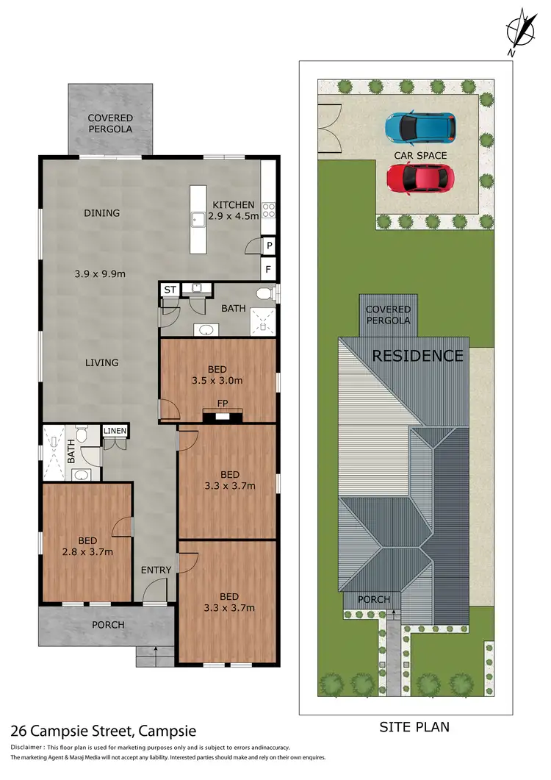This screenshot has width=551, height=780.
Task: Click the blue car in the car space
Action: tap(420, 126)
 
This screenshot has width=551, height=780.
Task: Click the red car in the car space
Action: tap(419, 178)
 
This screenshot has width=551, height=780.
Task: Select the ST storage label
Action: tap(170, 290)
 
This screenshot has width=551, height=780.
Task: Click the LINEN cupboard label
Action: tap(115, 431)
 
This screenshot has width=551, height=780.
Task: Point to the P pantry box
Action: tap(270, 246)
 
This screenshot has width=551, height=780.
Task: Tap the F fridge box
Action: tap(270, 270)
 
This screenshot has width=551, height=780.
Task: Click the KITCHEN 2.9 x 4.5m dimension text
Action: tap(233, 211)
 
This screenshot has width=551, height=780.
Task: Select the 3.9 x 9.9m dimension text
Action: tap(101, 273)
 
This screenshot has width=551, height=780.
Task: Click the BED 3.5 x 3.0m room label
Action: tap(217, 375)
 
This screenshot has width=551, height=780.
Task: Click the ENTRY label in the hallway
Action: tap(156, 570)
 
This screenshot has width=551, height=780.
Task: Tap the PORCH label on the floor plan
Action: tap(108, 625)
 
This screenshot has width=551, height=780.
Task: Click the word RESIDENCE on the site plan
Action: tap(417, 356)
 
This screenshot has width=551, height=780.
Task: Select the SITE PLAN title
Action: tap(414, 728)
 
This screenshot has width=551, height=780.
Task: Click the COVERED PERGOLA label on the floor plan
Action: tap(110, 124)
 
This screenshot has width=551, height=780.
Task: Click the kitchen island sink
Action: tap(198, 219)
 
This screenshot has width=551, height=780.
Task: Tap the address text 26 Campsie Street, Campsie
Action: tap(104, 731)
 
